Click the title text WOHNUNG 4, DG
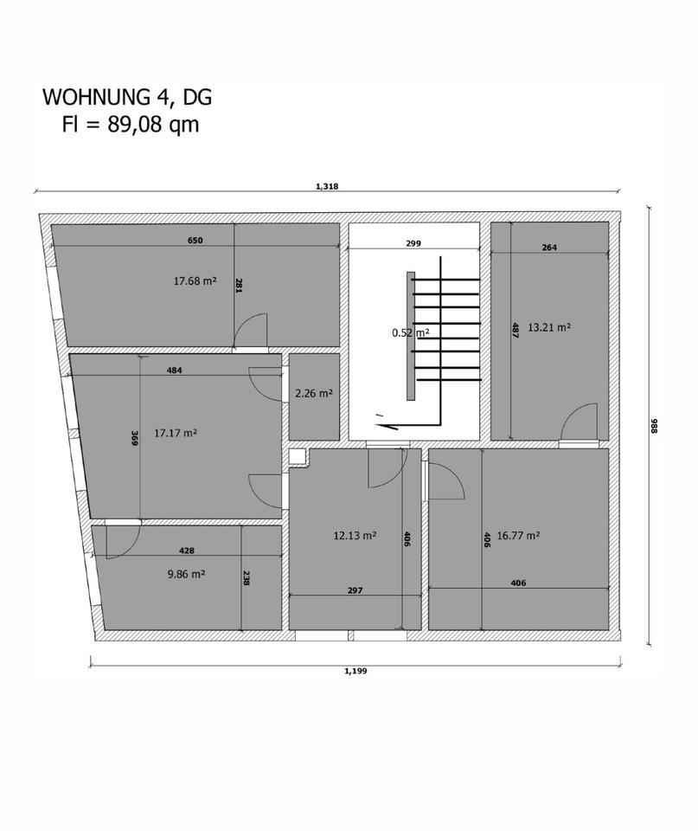(127, 97)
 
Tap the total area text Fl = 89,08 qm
(130, 125)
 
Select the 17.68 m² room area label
(195, 280)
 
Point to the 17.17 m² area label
(176, 433)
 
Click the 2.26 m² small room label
(314, 393)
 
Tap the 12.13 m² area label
(355, 536)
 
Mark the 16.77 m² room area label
(519, 536)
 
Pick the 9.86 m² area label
(185, 574)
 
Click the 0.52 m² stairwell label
(410, 332)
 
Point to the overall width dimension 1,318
(327, 186)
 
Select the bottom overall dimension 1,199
(355, 670)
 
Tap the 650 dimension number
(195, 241)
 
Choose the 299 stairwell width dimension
(413, 244)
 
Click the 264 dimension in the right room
(549, 248)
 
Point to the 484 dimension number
(174, 370)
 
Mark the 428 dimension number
(186, 551)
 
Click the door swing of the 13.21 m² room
(578, 424)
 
